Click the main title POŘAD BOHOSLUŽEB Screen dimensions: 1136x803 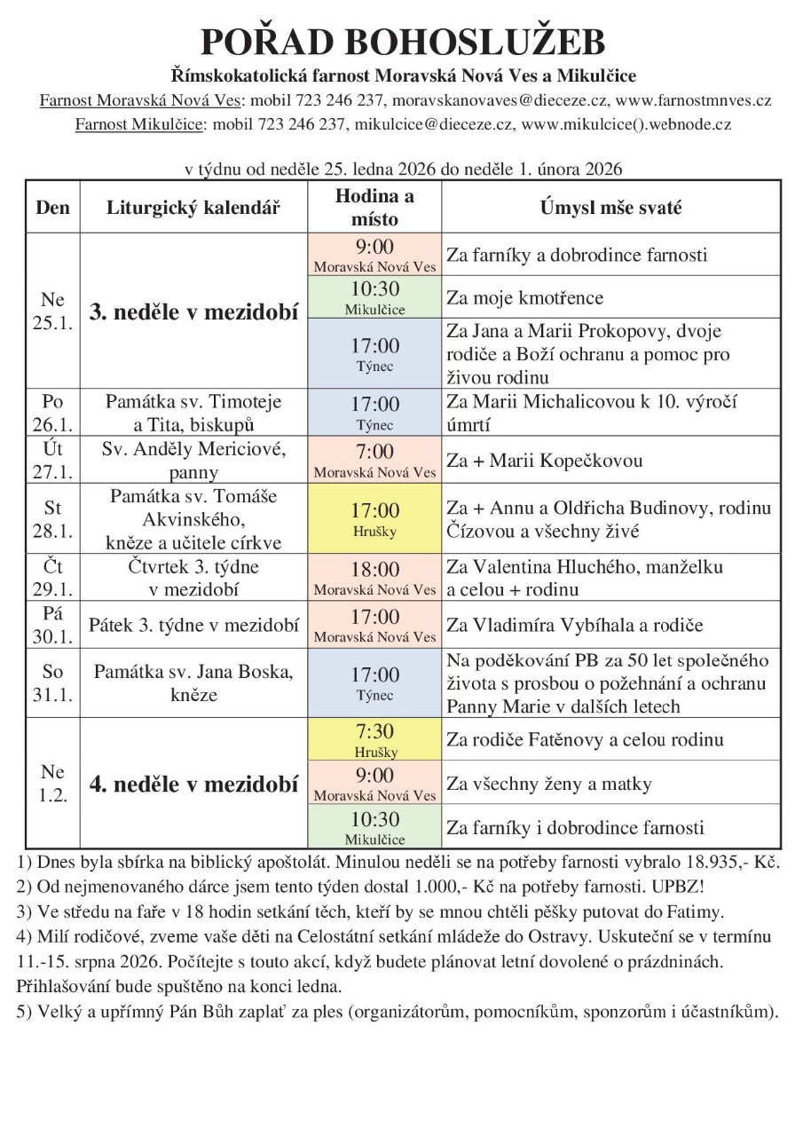(x=403, y=43)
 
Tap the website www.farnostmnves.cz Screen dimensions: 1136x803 (x=693, y=100)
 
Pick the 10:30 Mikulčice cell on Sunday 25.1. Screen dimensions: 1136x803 (x=374, y=297)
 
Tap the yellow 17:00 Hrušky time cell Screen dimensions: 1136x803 (x=374, y=519)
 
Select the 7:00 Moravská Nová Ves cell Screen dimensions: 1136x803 (x=374, y=461)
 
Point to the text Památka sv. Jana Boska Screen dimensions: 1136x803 (x=193, y=671)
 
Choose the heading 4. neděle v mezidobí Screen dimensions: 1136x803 (x=193, y=785)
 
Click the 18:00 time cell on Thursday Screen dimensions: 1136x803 (x=374, y=577)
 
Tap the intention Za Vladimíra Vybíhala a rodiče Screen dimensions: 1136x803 (x=575, y=625)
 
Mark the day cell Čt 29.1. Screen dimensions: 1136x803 (x=53, y=578)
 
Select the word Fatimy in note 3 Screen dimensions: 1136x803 (x=697, y=911)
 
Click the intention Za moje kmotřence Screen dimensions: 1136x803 (x=524, y=297)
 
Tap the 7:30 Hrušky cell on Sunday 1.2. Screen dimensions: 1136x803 (x=374, y=739)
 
